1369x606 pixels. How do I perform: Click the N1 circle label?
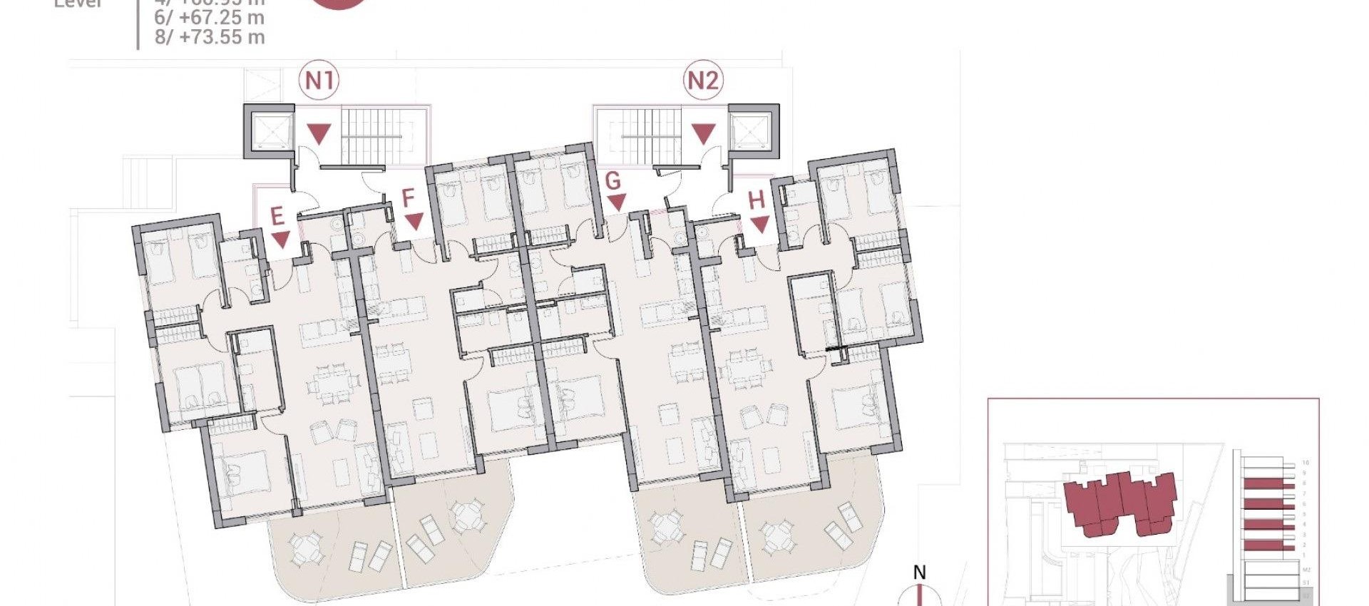click(319, 81)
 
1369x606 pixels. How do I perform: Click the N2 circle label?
click(703, 81)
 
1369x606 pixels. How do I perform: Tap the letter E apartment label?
click(277, 215)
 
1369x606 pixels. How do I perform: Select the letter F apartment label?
click(409, 198)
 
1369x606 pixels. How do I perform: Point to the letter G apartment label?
click(613, 181)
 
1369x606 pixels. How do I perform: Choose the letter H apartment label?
click(757, 200)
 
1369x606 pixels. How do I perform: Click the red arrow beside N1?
click(319, 133)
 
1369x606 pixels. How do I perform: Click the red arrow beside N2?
click(704, 133)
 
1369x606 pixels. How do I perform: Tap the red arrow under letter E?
click(281, 240)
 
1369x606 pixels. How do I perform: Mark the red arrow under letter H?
click(760, 225)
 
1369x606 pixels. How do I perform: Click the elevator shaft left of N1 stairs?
click(268, 130)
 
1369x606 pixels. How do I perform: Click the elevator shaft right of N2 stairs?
click(753, 130)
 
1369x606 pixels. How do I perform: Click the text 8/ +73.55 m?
click(210, 37)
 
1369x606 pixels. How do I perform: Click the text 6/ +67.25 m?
click(210, 18)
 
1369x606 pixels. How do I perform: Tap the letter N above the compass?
click(920, 572)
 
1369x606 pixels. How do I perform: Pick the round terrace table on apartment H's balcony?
click(776, 536)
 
